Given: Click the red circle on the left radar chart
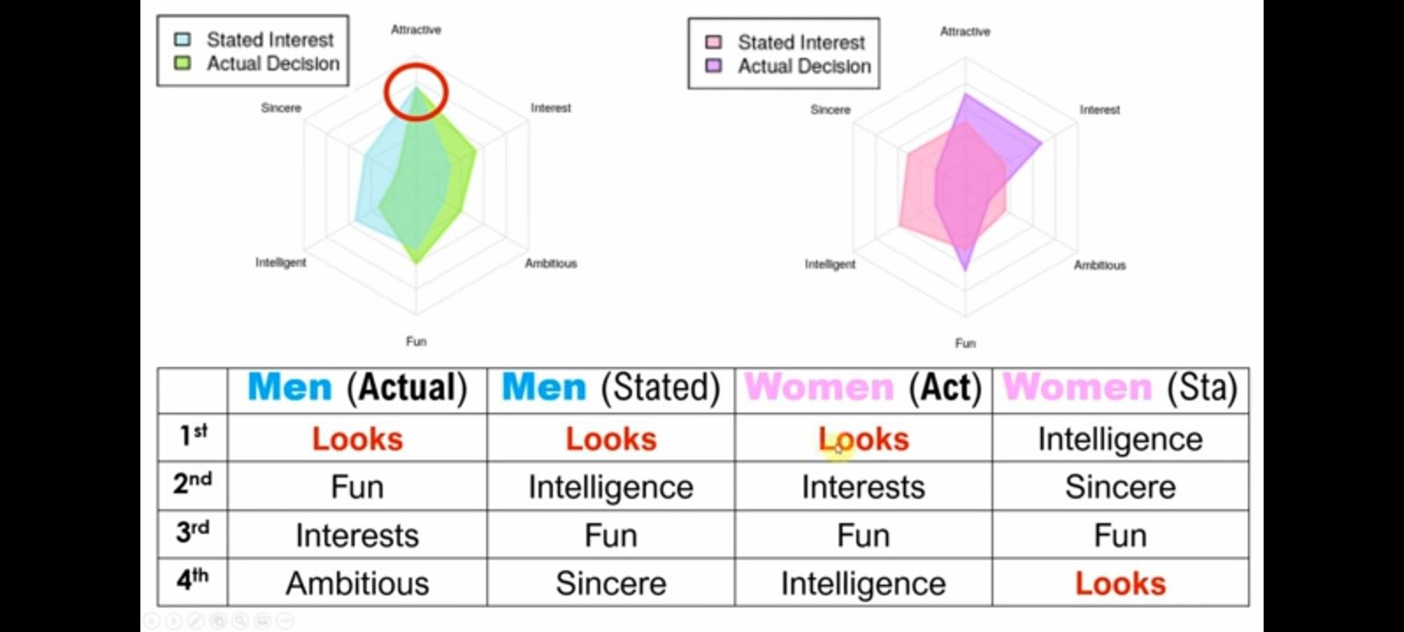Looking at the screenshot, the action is (x=416, y=92).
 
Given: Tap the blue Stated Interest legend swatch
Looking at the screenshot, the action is (x=183, y=39).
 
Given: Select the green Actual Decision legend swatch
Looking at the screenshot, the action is (x=183, y=62).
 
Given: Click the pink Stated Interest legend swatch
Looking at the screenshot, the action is (x=713, y=42).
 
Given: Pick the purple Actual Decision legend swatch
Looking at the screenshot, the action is (x=713, y=65).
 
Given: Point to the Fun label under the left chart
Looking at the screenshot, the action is (x=416, y=341).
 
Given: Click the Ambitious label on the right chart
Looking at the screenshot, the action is (x=1100, y=265).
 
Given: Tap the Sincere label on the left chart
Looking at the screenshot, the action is (x=281, y=108).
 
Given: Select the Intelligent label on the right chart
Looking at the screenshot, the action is (x=830, y=264).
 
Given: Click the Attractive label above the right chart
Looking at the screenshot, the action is (x=965, y=32).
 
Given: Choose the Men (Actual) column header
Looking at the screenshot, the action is (x=357, y=387).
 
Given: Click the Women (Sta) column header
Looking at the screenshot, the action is (x=1120, y=387).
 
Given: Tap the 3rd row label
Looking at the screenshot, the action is (x=193, y=532).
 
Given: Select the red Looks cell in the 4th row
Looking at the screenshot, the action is (x=1121, y=584).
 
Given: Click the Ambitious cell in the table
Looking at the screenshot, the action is (x=357, y=584).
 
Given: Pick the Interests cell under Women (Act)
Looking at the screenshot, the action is (x=863, y=487).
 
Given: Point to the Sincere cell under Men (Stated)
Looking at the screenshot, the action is (x=611, y=584).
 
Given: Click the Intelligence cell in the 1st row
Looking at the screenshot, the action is (x=1121, y=440).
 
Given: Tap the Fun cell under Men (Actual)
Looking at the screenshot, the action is (x=357, y=487).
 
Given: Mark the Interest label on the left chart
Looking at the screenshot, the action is (x=551, y=108).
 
